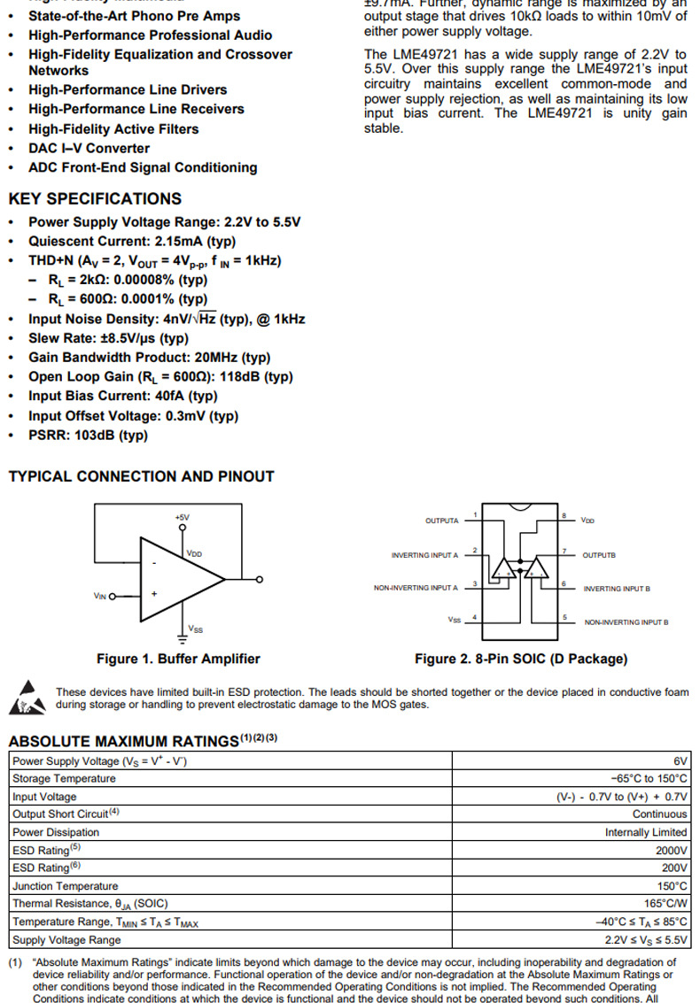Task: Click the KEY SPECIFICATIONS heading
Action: click(95, 199)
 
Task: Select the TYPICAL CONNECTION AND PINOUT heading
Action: click(142, 476)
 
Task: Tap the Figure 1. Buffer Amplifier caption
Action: click(178, 659)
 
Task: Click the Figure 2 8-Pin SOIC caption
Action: click(521, 659)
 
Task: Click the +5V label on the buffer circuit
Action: click(182, 517)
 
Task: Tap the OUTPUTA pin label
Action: click(442, 521)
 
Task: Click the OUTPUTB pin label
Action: click(599, 555)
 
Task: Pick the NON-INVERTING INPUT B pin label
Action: click(626, 622)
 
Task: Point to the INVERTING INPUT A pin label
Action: click(424, 555)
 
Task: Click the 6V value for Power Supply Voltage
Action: click(681, 760)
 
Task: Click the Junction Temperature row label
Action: click(65, 886)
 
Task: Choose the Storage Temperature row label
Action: click(64, 778)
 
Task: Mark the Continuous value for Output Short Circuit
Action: click(659, 814)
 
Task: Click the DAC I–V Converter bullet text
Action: click(89, 149)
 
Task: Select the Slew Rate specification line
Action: click(108, 338)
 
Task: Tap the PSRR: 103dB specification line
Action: click(88, 436)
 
